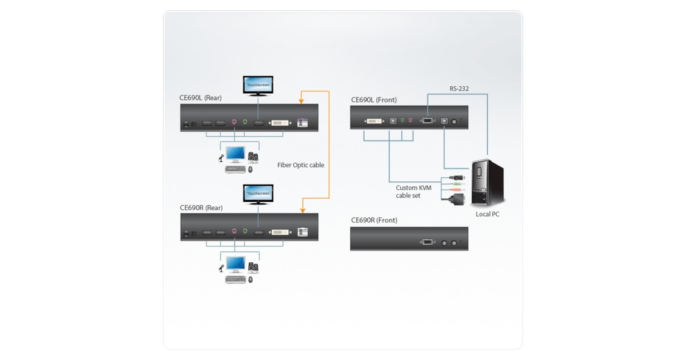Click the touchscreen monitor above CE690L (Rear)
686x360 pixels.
click(258, 85)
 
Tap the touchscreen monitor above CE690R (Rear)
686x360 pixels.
click(258, 194)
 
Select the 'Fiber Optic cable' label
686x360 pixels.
click(301, 165)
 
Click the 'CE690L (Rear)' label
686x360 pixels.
click(201, 98)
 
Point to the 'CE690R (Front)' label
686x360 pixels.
click(374, 220)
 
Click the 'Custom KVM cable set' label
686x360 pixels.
click(414, 191)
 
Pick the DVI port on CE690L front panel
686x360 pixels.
click(375, 121)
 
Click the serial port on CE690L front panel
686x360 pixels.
click(427, 121)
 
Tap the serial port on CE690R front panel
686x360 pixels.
click(427, 242)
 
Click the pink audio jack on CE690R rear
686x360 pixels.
click(234, 232)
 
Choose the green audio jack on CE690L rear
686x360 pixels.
click(245, 123)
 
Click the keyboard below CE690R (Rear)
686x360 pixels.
click(234, 279)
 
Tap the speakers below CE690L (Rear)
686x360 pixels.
click(253, 156)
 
